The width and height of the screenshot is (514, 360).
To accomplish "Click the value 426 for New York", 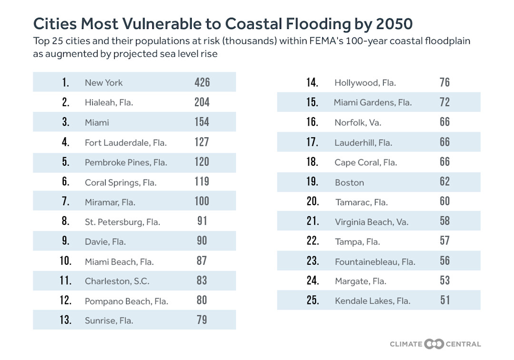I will (202, 82).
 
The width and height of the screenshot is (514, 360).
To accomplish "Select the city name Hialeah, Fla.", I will (109, 102).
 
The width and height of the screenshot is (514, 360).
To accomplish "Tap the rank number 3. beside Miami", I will (66, 122).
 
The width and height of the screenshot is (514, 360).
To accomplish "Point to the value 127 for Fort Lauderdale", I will (202, 142).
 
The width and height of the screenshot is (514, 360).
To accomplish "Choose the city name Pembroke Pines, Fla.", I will (126, 162).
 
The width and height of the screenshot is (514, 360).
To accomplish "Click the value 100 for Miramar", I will (202, 201).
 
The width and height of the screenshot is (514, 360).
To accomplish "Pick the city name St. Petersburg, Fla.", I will (122, 222).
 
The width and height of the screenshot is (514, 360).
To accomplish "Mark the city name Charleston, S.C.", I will (117, 281).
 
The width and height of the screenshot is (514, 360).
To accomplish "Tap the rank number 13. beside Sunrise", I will (66, 320).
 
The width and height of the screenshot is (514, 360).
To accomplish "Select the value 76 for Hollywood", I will (445, 82).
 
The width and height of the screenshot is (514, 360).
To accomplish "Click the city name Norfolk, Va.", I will (358, 122).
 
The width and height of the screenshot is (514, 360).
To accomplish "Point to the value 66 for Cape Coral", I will (445, 161).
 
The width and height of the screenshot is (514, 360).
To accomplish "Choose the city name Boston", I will (349, 182).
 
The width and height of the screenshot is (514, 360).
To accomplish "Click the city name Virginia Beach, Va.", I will (371, 222).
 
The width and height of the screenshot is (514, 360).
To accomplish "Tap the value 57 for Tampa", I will (445, 240).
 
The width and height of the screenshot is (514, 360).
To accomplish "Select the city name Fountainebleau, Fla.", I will (375, 261).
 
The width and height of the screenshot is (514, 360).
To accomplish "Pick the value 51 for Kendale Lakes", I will (445, 300).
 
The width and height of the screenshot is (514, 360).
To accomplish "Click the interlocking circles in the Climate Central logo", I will (434, 344).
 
